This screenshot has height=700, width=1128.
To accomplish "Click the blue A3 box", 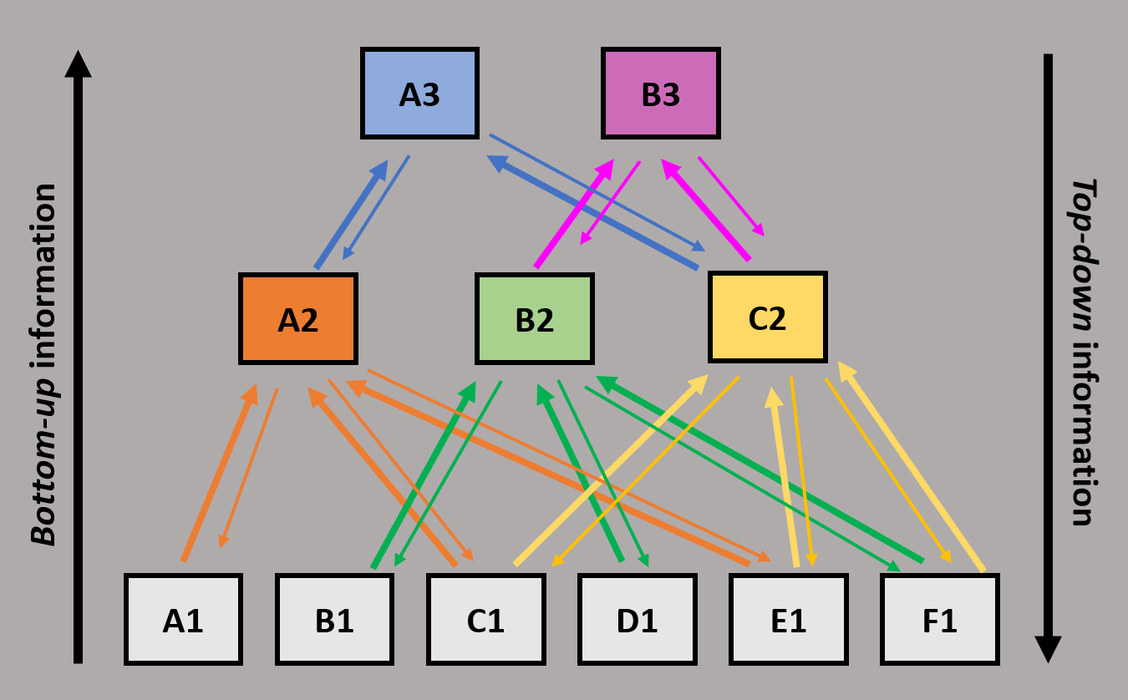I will [x=419, y=93].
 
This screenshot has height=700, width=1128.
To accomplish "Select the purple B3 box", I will [x=660, y=93].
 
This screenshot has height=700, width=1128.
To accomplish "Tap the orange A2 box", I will [x=298, y=319].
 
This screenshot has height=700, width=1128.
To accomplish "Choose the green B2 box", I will [x=534, y=319].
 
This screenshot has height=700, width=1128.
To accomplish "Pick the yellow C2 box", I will [x=767, y=317].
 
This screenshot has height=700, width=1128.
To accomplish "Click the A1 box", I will [x=183, y=620].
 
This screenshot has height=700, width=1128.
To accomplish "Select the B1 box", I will [x=334, y=620].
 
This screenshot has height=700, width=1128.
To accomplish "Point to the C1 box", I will [x=485, y=620].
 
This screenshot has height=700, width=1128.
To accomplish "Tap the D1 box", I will [x=637, y=620].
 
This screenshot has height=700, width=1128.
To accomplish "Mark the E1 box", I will [x=788, y=620].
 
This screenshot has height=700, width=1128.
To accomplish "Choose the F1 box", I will [x=939, y=620].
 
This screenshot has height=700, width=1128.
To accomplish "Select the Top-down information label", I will [x=1083, y=351].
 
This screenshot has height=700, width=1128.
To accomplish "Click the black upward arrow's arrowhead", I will [x=78, y=63].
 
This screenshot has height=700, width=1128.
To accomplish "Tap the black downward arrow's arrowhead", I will [x=1048, y=649].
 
